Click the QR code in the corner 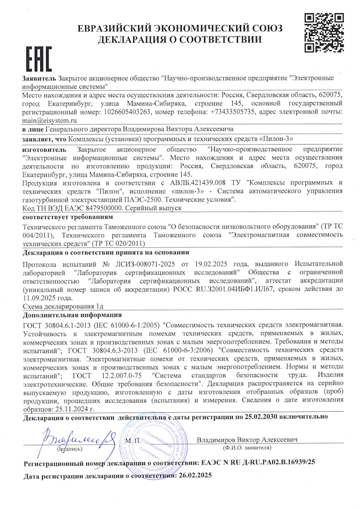coord(325,32)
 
